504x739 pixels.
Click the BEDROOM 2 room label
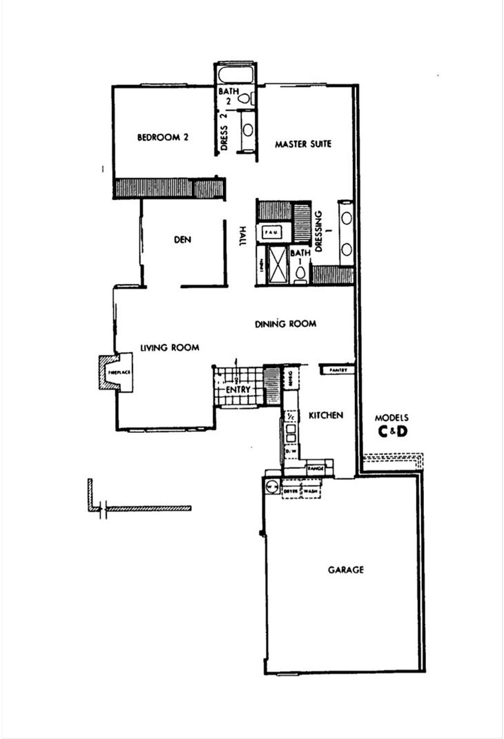click(162, 137)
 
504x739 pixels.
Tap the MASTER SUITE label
click(303, 144)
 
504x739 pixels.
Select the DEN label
click(183, 240)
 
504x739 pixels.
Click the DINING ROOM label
click(285, 324)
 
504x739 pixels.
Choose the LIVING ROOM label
click(170, 348)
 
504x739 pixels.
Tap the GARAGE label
click(346, 570)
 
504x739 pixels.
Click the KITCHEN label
click(325, 416)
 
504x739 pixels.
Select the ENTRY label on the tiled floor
click(238, 389)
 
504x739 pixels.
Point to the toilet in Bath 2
click(245, 98)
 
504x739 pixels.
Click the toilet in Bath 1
click(300, 272)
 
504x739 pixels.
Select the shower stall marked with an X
click(277, 265)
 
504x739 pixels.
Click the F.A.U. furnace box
click(271, 231)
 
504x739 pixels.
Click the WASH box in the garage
click(311, 491)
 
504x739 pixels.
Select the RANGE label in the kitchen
click(315, 469)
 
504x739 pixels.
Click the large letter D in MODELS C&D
click(402, 432)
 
